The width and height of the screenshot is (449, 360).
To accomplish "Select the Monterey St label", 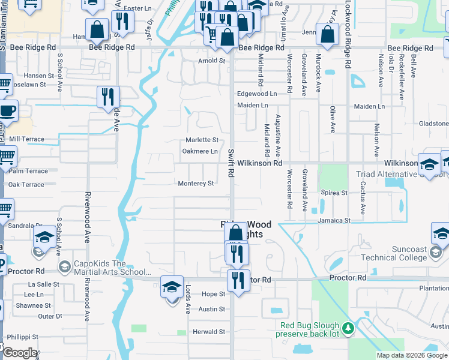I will pos(196,184).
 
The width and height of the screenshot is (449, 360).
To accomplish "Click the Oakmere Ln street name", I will pos(200,152).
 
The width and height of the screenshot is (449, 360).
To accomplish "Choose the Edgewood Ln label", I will pos(256,94).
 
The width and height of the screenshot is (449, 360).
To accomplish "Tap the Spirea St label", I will pos(336,193).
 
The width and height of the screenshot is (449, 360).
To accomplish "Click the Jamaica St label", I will pos(336,221).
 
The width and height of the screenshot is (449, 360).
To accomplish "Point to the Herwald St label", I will pos(208,332).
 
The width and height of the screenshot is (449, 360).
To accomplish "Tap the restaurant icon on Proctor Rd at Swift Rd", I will pos(238,280).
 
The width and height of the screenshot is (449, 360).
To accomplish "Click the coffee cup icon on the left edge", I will pos(7,111).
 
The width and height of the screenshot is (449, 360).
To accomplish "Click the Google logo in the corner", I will pos(19,353).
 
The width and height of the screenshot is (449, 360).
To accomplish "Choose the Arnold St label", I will pos(212,61).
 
